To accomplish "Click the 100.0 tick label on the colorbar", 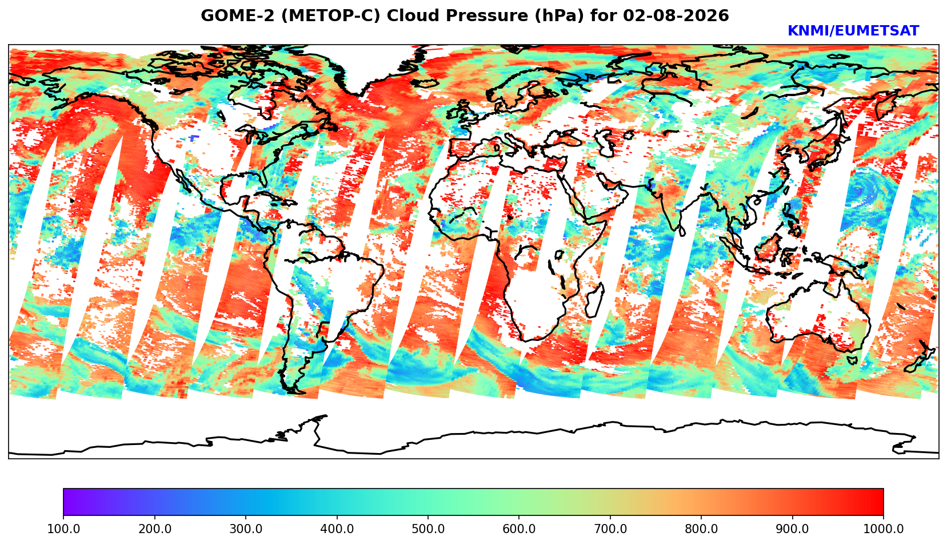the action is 63,529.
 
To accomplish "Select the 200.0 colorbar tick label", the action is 155,529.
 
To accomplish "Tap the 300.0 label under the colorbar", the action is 246,529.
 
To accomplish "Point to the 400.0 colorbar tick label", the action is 337,529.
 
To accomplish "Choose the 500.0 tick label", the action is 428,529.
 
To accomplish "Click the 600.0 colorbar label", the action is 519,529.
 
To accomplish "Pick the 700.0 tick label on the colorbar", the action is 610,529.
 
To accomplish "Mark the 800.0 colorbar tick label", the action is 701,529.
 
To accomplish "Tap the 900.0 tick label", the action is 792,529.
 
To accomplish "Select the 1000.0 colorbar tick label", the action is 884,529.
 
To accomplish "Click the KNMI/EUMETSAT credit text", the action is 853,31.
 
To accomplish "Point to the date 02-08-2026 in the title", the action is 676,15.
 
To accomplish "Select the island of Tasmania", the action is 852,360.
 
